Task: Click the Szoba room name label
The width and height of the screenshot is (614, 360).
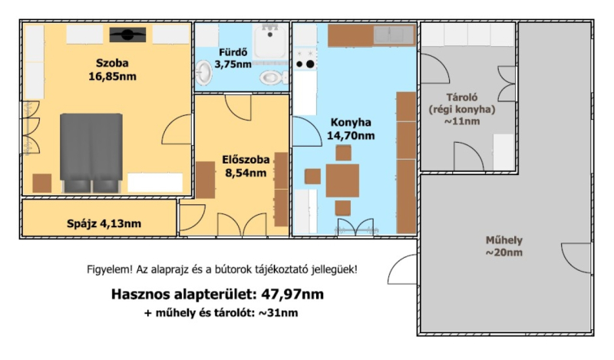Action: click(112, 63)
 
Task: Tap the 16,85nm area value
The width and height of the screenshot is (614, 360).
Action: click(112, 77)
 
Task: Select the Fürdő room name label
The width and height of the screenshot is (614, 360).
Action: click(233, 52)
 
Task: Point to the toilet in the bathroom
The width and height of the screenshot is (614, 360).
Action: click(274, 77)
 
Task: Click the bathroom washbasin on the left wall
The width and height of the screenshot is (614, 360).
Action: click(203, 73)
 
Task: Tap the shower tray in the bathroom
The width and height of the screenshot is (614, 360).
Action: click(270, 41)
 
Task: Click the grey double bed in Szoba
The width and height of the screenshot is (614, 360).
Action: click(91, 153)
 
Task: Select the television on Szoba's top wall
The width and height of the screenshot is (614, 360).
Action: click(127, 35)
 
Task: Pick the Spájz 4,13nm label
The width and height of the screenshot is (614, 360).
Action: click(104, 223)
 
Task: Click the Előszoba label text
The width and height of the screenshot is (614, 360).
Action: click(246, 160)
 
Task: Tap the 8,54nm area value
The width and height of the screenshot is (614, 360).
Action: click(246, 173)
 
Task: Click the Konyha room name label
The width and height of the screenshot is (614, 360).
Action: click(351, 122)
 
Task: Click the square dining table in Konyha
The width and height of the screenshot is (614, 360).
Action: click(342, 180)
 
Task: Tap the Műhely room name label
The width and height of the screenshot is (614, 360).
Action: click(504, 240)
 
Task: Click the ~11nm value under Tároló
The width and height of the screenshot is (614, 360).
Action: click(462, 121)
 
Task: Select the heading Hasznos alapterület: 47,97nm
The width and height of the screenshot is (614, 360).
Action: click(217, 294)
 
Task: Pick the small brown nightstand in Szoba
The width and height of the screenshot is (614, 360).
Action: click(42, 183)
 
